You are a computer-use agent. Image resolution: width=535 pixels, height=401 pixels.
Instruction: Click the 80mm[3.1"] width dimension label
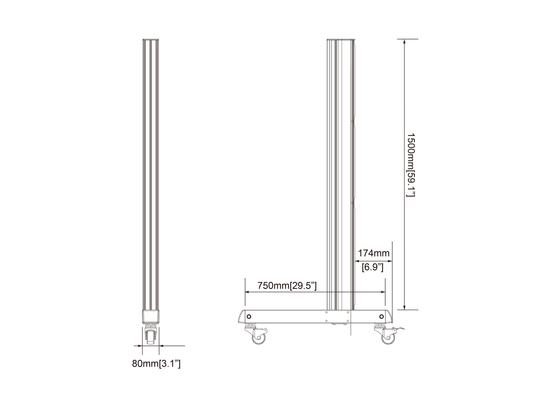click(x=156, y=364)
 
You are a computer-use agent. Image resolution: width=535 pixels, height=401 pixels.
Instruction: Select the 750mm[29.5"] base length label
click(x=287, y=286)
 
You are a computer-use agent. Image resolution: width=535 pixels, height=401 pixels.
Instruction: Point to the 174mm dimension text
click(x=373, y=253)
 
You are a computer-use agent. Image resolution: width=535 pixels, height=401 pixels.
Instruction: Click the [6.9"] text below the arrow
click(x=372, y=267)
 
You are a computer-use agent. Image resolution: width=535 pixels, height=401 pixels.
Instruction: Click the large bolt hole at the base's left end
click(x=249, y=316)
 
